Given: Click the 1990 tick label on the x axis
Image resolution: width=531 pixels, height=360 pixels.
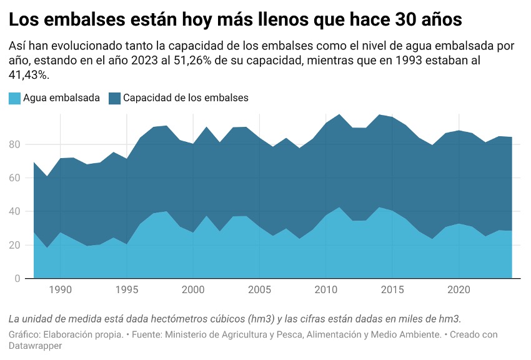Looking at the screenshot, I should point(60,290).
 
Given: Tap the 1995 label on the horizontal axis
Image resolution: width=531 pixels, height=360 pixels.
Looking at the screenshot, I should point(127,290).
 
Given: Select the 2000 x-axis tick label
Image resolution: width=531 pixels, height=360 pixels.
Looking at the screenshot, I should point(194,290).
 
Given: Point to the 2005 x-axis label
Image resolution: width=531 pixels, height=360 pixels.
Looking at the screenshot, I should point(260,290).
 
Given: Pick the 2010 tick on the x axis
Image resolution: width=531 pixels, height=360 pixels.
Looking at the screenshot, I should point(327,290).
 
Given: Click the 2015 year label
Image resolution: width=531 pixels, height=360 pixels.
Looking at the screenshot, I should point(393,290).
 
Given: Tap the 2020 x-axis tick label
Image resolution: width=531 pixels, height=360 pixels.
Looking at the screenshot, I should point(459,290).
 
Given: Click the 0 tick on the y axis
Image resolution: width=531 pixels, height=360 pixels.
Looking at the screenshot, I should point(17,279).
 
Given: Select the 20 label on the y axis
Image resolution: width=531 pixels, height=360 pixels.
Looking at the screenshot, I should point(14,245).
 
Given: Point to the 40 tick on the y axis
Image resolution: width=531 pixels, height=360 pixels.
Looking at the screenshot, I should point(14,211).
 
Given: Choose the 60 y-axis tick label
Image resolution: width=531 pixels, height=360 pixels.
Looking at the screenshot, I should point(14,178).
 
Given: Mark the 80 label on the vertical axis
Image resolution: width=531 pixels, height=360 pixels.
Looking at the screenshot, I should point(14,144).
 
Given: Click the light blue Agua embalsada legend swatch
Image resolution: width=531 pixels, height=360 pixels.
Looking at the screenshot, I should point(14,98).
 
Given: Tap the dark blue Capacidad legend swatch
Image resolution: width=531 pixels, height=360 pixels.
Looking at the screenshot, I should point(114,98).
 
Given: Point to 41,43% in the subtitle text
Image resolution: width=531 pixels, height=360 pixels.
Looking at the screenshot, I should point(29,75).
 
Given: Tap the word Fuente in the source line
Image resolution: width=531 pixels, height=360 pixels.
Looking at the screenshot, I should point(147,334).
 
